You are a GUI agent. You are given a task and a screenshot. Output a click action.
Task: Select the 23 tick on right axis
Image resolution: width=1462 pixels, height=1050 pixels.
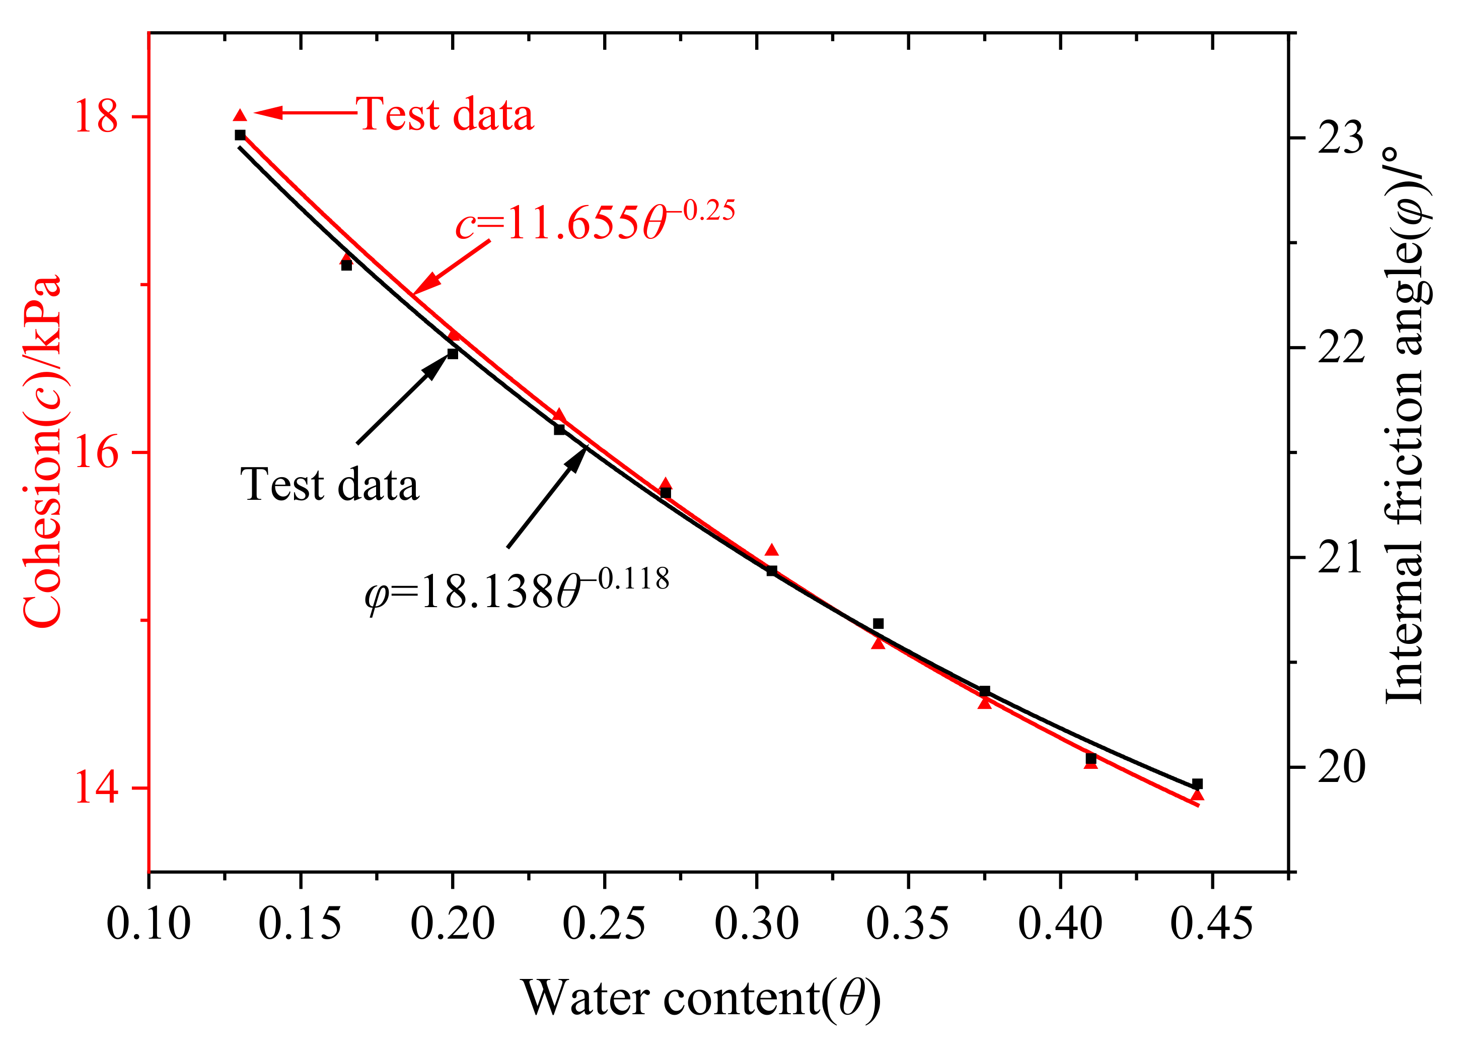(x=1341, y=138)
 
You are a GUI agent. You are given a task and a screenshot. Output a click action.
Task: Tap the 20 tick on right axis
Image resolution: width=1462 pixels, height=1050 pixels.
(x=1341, y=767)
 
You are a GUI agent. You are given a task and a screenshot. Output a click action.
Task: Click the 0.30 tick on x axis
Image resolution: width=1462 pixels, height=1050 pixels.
(x=756, y=924)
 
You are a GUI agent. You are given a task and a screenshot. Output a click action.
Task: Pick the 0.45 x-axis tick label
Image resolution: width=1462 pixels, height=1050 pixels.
(x=1211, y=924)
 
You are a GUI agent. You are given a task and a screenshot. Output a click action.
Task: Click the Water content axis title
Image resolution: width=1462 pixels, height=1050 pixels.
(x=701, y=999)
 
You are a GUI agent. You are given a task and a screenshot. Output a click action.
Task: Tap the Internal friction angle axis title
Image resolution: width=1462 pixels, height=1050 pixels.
(x=1405, y=426)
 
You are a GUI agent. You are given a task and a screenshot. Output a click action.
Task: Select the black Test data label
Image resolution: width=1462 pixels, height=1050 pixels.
(x=329, y=485)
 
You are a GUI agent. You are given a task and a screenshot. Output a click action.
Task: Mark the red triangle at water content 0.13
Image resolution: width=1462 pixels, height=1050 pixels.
(x=240, y=115)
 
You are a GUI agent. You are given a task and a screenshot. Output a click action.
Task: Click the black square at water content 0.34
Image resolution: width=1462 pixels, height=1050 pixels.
(x=878, y=624)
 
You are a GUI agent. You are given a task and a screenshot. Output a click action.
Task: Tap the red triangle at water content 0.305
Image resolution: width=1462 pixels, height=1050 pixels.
(x=772, y=550)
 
